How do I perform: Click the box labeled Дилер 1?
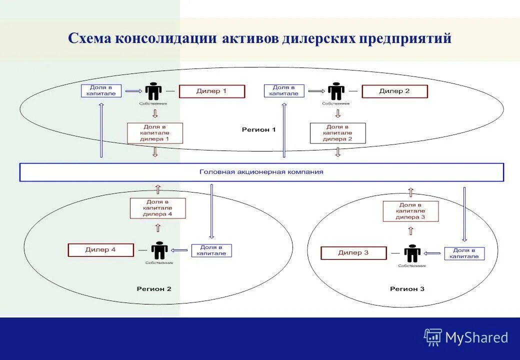coord(212,91)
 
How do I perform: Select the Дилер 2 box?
coord(394,91)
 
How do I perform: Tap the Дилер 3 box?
coord(353,253)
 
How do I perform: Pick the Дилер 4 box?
coord(100,250)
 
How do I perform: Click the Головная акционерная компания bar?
coord(261,172)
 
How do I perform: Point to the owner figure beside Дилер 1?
coord(153,91)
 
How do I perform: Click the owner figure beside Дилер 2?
coord(336,91)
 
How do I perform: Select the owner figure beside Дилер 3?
coord(412,253)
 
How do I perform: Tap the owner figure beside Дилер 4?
coord(159,250)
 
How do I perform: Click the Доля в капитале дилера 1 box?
coord(155,133)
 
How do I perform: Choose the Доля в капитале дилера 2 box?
coord(337,133)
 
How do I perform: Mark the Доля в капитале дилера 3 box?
coord(410,211)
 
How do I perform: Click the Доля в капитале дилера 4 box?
coord(157,208)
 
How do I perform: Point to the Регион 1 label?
coord(258,130)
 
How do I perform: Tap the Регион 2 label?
coord(154,289)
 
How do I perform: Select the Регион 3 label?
coord(407,289)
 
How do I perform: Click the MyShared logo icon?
coord(432,337)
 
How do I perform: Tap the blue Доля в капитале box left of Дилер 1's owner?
coord(101,90)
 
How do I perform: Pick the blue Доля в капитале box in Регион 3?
coord(464,253)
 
